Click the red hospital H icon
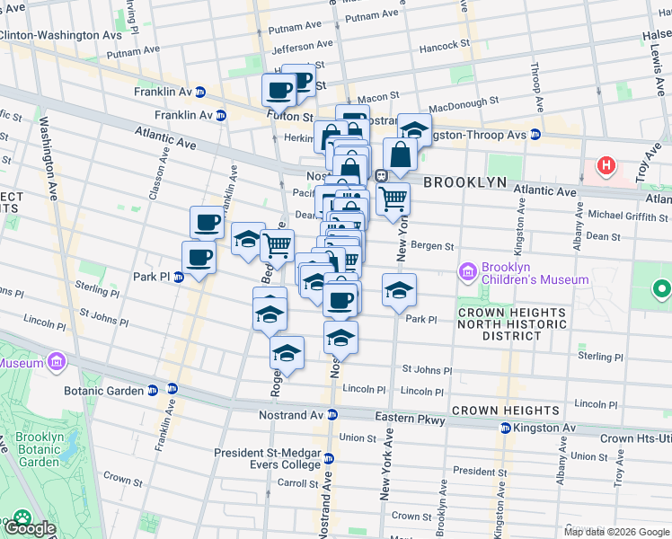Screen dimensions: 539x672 (608, 166)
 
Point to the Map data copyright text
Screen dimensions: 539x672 (617, 532)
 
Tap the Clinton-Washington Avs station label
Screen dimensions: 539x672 (60, 35)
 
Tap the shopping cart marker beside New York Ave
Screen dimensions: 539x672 (393, 199)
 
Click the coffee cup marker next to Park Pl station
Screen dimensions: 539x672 (199, 258)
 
